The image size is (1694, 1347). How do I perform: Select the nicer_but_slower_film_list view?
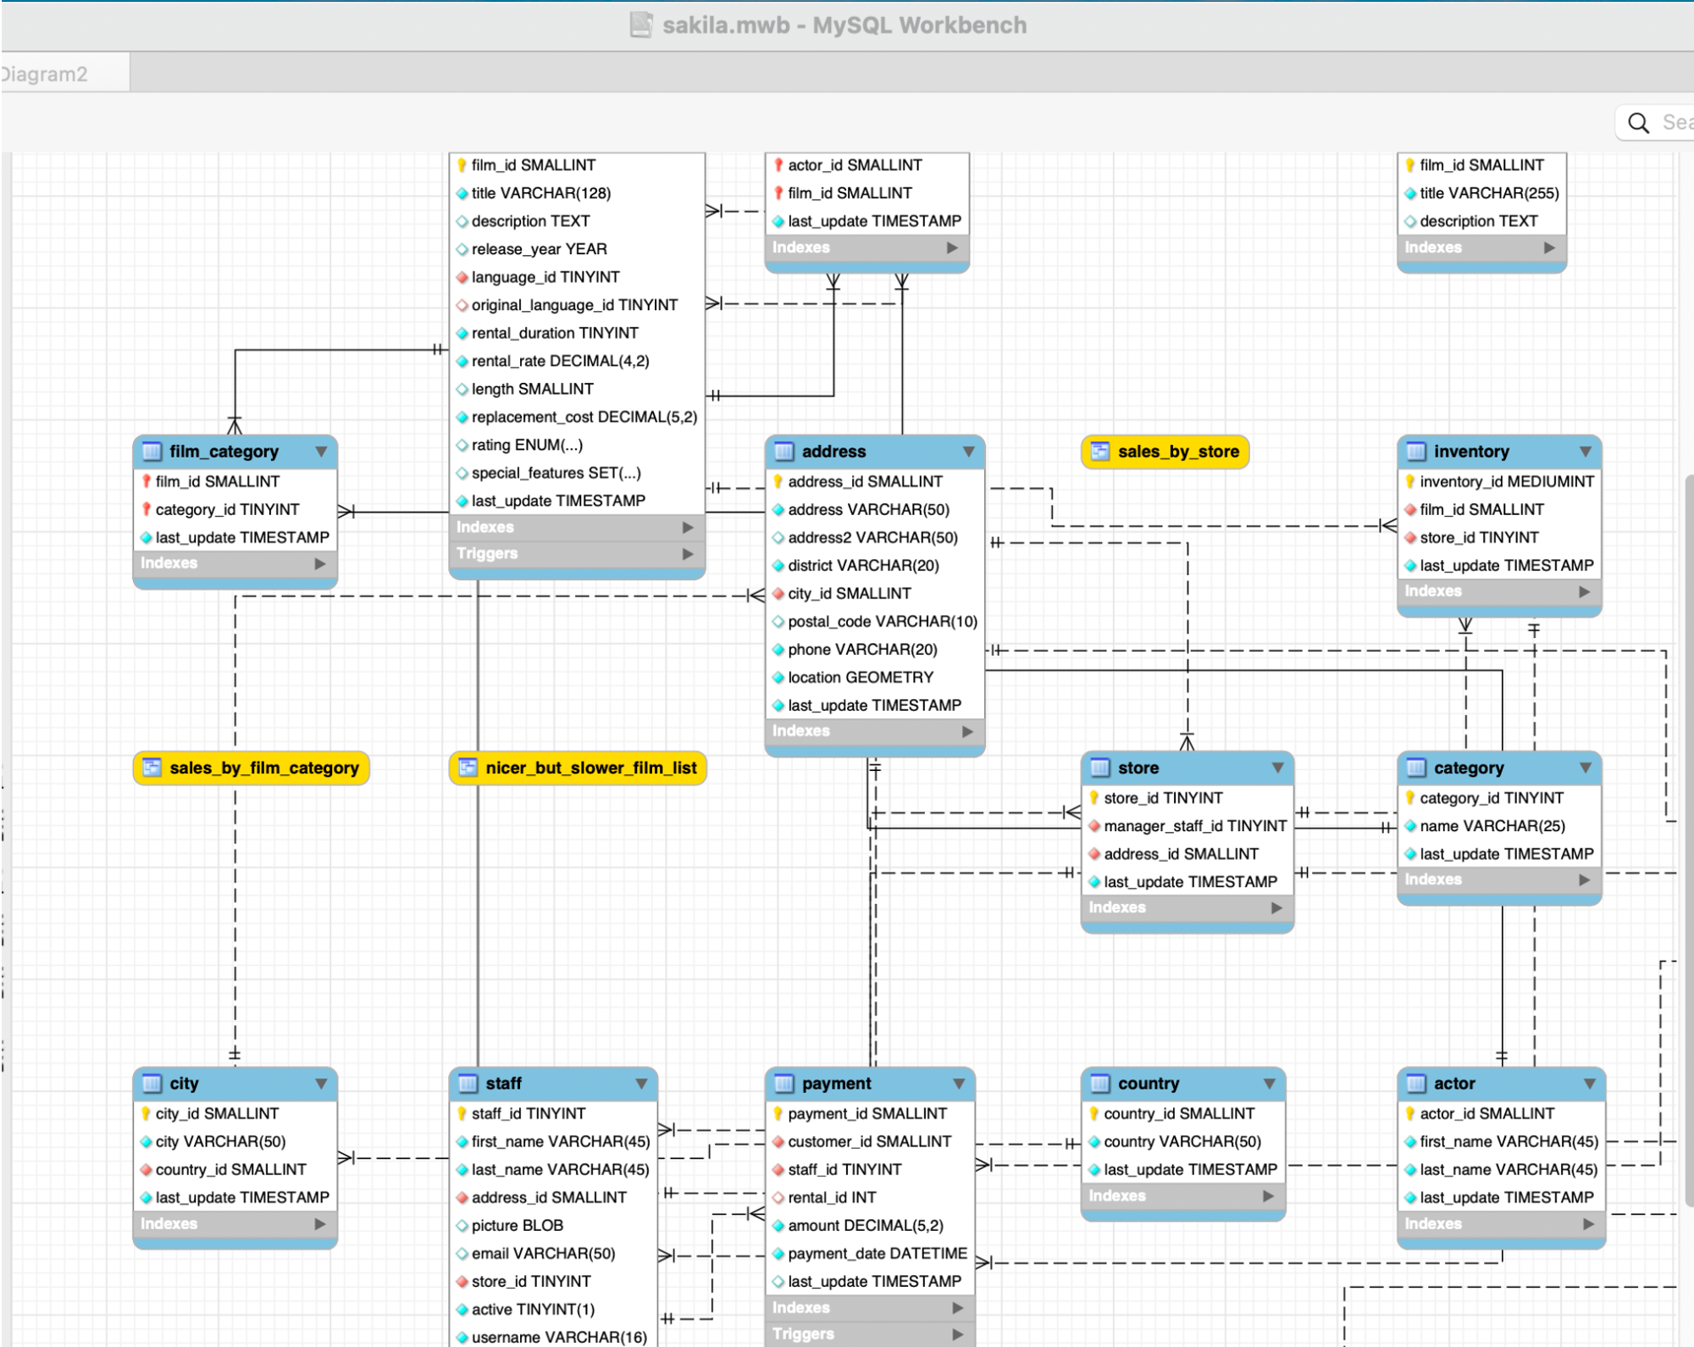(x=578, y=768)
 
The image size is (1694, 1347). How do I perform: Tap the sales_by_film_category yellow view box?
(x=252, y=768)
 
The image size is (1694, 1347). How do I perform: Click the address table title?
(x=833, y=452)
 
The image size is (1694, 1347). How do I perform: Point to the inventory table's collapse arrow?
(x=1586, y=452)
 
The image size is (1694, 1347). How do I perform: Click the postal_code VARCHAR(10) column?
(x=883, y=622)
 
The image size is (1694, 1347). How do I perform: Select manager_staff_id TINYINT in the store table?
(x=1195, y=826)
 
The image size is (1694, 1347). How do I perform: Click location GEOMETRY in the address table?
(x=861, y=678)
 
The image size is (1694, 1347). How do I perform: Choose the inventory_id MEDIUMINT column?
(x=1507, y=482)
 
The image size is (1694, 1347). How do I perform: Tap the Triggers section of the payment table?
(x=870, y=1334)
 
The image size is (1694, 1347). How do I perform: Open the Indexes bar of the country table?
(x=1183, y=1196)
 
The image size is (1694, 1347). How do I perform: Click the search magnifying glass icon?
(x=1639, y=124)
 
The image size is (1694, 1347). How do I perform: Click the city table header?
(x=235, y=1084)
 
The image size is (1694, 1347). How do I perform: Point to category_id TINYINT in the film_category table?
(x=227, y=510)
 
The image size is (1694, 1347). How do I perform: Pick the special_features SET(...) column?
(x=556, y=474)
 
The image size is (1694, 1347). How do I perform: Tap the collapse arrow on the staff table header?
(x=641, y=1084)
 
